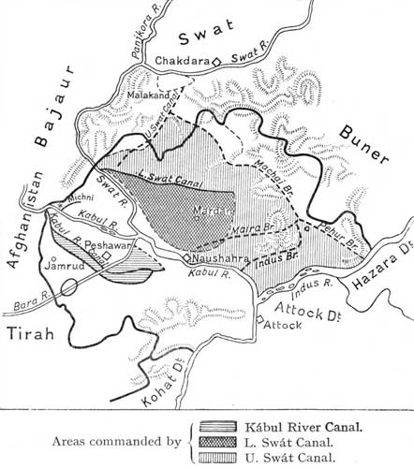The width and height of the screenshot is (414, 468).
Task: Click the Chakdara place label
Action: [183, 63]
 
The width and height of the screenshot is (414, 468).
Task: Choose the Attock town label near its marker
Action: [280, 326]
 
